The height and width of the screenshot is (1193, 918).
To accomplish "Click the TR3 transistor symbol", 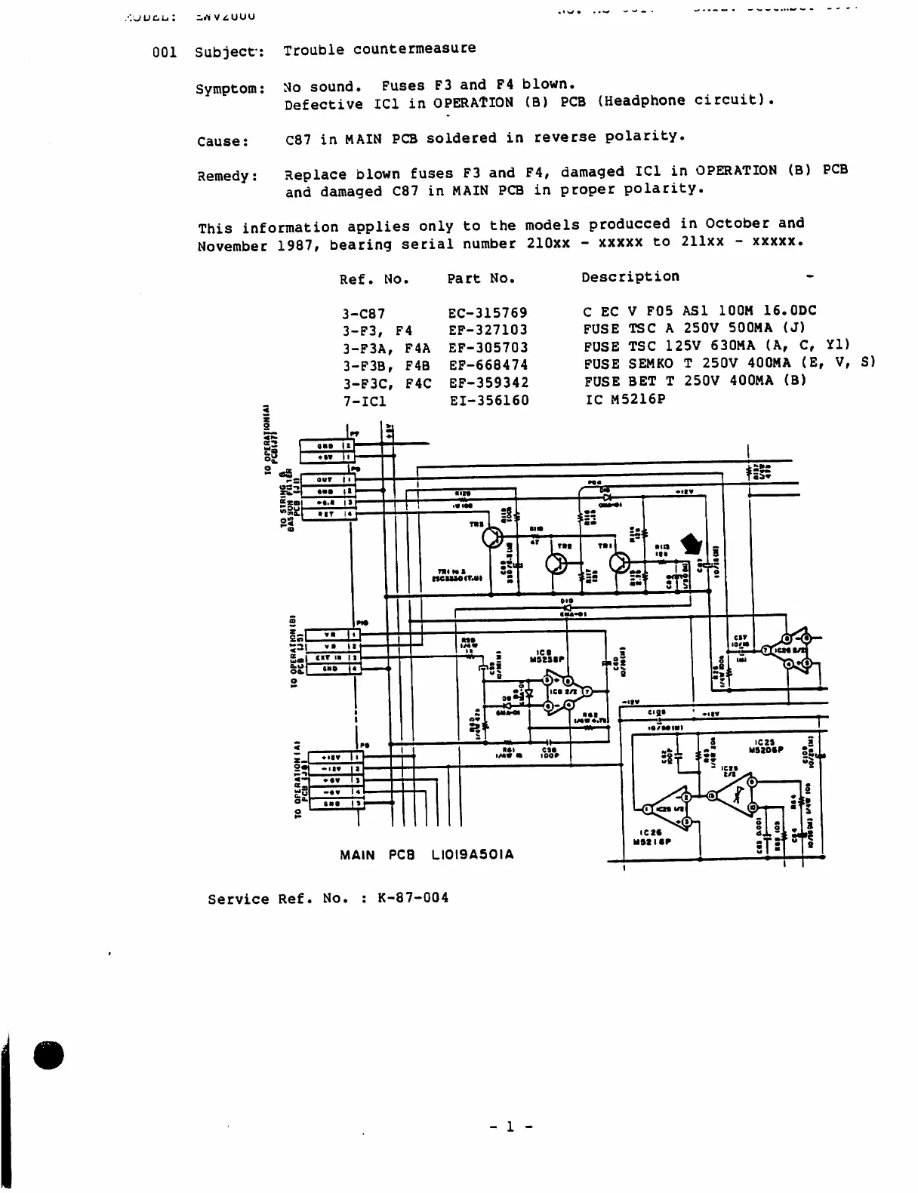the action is [493, 537].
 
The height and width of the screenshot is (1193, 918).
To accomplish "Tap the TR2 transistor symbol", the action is [557, 563].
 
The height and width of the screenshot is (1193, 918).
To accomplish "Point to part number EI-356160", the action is [489, 400].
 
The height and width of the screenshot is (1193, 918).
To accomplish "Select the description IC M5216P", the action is [625, 399].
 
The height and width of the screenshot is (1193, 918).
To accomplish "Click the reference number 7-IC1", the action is [363, 401].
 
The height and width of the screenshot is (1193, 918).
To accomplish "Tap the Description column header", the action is [630, 277].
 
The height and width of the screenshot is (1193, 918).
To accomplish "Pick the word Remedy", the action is [227, 177].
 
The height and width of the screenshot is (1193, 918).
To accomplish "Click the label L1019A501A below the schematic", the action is [473, 855].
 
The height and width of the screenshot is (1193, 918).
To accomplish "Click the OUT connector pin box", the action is [325, 480].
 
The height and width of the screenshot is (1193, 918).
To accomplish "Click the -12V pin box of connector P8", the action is [331, 769].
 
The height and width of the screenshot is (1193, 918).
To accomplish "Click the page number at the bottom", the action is [510, 1127].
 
